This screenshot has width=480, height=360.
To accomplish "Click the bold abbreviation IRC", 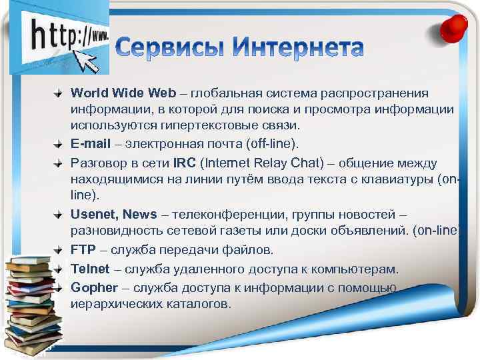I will tap(185, 163).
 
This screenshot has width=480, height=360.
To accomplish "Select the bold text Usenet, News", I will tap(114, 215).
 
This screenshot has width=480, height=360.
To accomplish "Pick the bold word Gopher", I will tap(94, 287).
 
